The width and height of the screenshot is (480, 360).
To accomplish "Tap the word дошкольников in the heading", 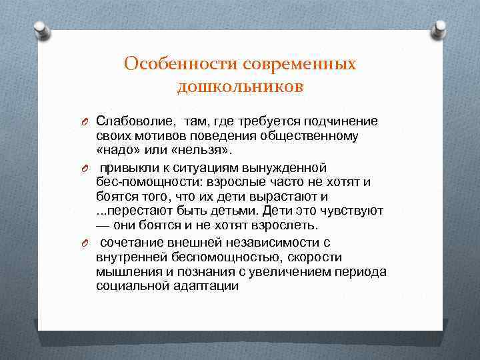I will [x=240, y=87].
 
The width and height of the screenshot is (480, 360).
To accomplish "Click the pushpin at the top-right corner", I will [x=440, y=29].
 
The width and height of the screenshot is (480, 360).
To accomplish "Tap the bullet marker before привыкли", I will [x=85, y=167].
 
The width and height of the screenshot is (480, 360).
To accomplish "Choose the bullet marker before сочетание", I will [x=85, y=243].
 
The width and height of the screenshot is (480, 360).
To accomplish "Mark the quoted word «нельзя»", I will [x=202, y=151].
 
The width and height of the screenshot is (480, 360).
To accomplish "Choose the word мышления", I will [x=124, y=272].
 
